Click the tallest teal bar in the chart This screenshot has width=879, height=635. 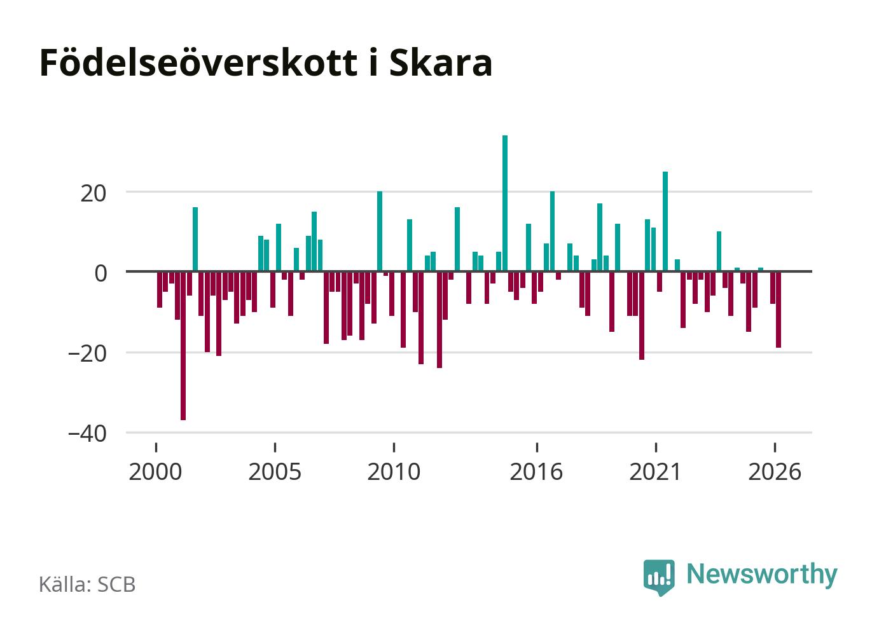click(504, 203)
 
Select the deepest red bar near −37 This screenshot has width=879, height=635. click(183, 346)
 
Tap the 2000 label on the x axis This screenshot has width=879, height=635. click(155, 472)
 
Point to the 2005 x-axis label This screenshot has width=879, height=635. click(275, 472)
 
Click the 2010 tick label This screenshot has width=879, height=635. click(394, 472)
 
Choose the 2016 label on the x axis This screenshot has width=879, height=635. click(536, 472)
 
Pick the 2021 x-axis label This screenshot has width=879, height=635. click(655, 472)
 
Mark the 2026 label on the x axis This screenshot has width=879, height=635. click(775, 472)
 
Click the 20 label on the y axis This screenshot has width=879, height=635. click(93, 194)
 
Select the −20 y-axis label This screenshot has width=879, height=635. click(87, 354)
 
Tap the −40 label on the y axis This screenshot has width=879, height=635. click(87, 434)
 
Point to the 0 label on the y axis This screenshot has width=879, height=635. click(100, 274)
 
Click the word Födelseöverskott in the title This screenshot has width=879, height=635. click(198, 63)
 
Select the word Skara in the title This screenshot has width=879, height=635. click(441, 63)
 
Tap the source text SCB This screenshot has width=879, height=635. click(116, 584)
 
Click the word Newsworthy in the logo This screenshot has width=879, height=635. click(762, 575)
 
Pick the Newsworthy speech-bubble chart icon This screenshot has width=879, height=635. click(659, 577)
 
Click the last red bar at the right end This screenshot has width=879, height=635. click(779, 310)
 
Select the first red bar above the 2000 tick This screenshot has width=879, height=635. click(159, 289)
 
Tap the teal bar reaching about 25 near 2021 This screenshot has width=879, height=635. click(665, 221)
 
